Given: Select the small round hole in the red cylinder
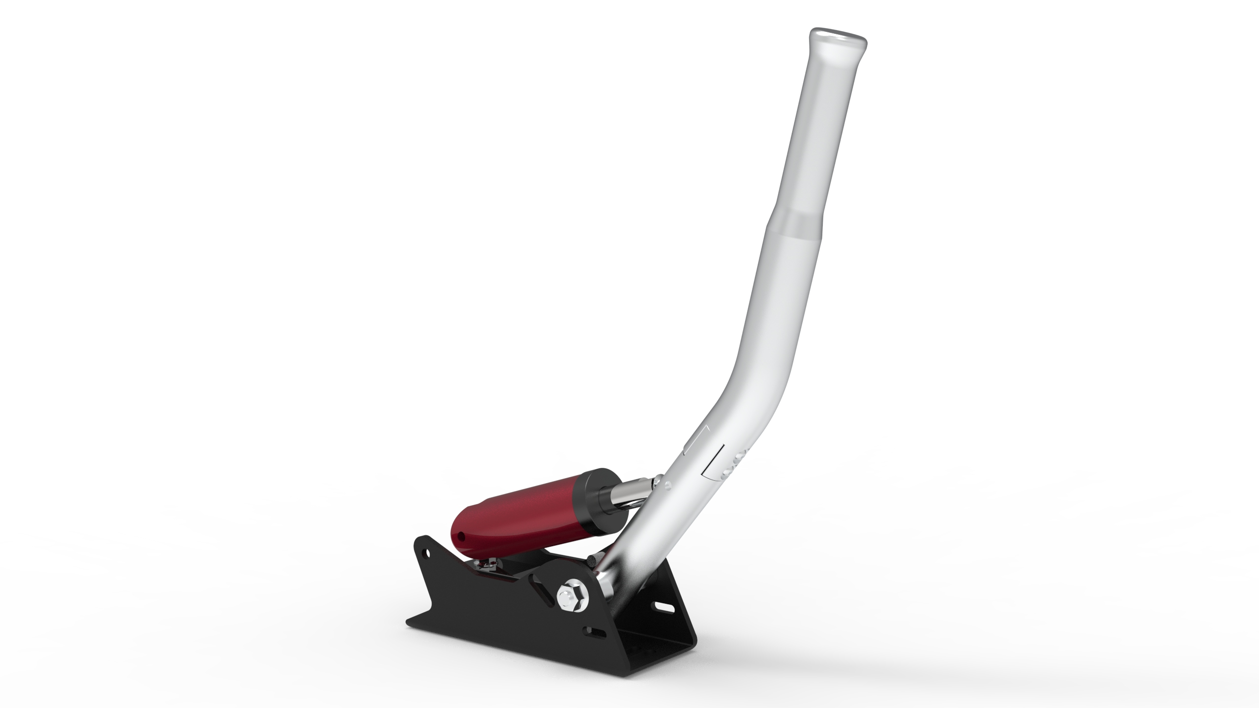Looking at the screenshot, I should [x=461, y=535].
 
